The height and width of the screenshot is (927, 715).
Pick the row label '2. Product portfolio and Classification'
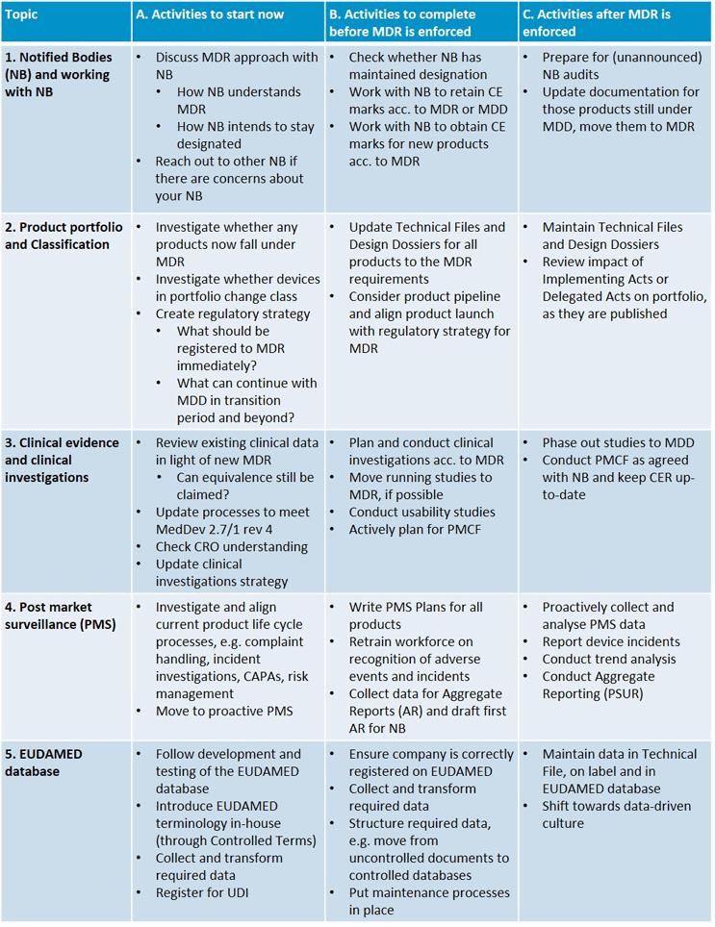[64, 236]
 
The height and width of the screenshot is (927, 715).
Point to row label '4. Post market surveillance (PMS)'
[60, 615]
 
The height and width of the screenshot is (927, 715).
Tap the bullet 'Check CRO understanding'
[231, 546]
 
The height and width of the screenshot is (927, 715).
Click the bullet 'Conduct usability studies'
[421, 512]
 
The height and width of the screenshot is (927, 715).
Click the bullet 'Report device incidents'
[610, 641]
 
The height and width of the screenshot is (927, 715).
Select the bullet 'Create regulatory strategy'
[232, 313]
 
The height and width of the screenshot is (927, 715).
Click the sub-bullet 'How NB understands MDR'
[239, 100]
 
